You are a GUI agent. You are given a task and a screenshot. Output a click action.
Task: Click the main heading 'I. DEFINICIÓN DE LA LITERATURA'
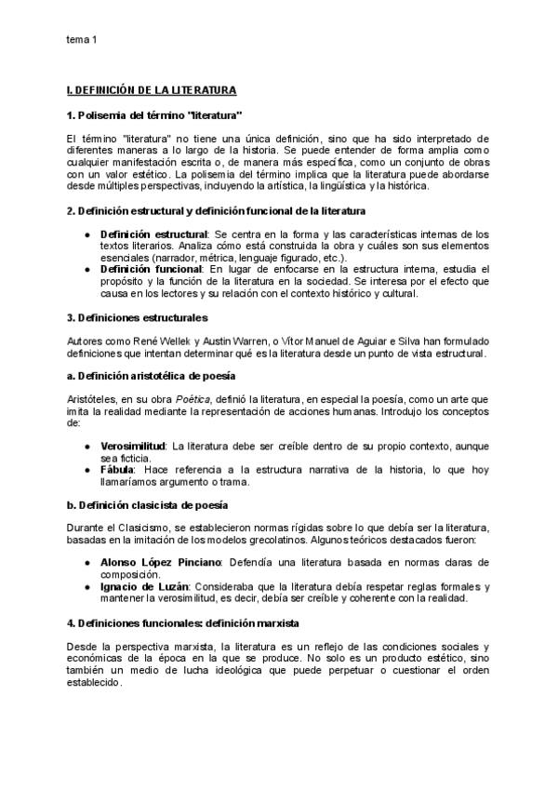click(x=152, y=90)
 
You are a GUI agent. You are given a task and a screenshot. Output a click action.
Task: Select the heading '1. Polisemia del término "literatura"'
click(x=155, y=115)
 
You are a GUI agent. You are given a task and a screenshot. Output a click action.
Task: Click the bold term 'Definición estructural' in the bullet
click(x=153, y=233)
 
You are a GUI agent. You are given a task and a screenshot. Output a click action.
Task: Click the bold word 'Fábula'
click(x=118, y=471)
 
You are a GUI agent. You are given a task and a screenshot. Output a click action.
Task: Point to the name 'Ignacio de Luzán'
click(x=148, y=586)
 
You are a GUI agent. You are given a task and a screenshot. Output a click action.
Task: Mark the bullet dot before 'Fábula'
click(x=86, y=471)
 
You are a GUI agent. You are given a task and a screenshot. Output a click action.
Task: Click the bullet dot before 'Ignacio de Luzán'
click(x=86, y=586)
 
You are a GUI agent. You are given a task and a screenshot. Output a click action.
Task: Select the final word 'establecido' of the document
click(x=95, y=681)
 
